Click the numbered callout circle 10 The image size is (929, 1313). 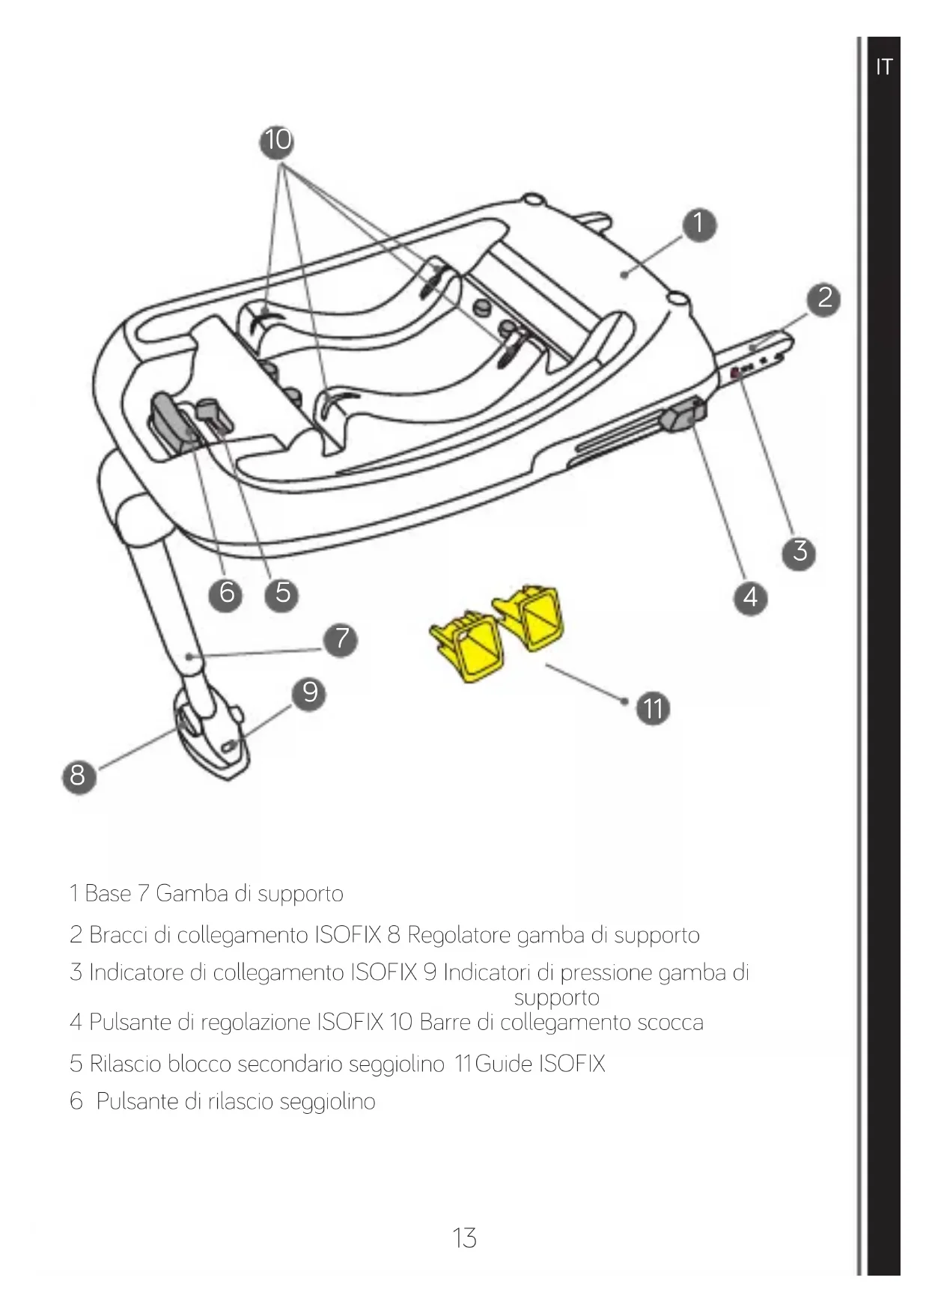click(x=277, y=141)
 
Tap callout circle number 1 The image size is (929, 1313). click(x=698, y=224)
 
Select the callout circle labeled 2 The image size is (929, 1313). click(x=824, y=299)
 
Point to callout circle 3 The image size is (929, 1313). click(x=799, y=552)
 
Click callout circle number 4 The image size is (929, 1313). click(x=751, y=597)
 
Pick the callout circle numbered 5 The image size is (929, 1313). click(x=282, y=593)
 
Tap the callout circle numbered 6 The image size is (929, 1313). click(x=228, y=593)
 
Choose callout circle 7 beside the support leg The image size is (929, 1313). click(x=341, y=639)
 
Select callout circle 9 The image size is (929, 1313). click(x=309, y=692)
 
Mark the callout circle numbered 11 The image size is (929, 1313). click(x=653, y=708)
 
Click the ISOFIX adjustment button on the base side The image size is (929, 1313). click(x=681, y=416)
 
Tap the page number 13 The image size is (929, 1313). click(x=464, y=1238)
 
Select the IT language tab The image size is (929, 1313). click(x=883, y=67)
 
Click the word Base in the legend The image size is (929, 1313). click(x=108, y=894)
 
